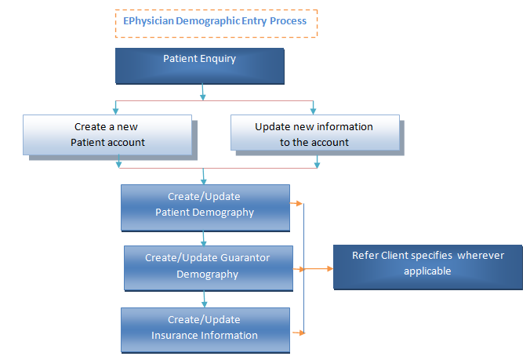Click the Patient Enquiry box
[200, 66]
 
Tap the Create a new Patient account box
[107, 135]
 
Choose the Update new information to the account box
[315, 133]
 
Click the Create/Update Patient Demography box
[205, 208]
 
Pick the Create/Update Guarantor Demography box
[209, 268]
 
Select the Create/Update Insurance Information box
[205, 330]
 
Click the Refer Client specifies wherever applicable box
[428, 267]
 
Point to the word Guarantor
[245, 258]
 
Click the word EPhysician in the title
[148, 21]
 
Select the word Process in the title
[288, 21]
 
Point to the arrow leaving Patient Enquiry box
[202, 92]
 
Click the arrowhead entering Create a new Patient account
[115, 111]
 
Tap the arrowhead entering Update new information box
[313, 111]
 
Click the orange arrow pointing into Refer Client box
[318, 269]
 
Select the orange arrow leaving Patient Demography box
[296, 203]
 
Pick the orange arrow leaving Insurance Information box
[299, 333]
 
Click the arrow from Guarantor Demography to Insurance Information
[204, 299]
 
